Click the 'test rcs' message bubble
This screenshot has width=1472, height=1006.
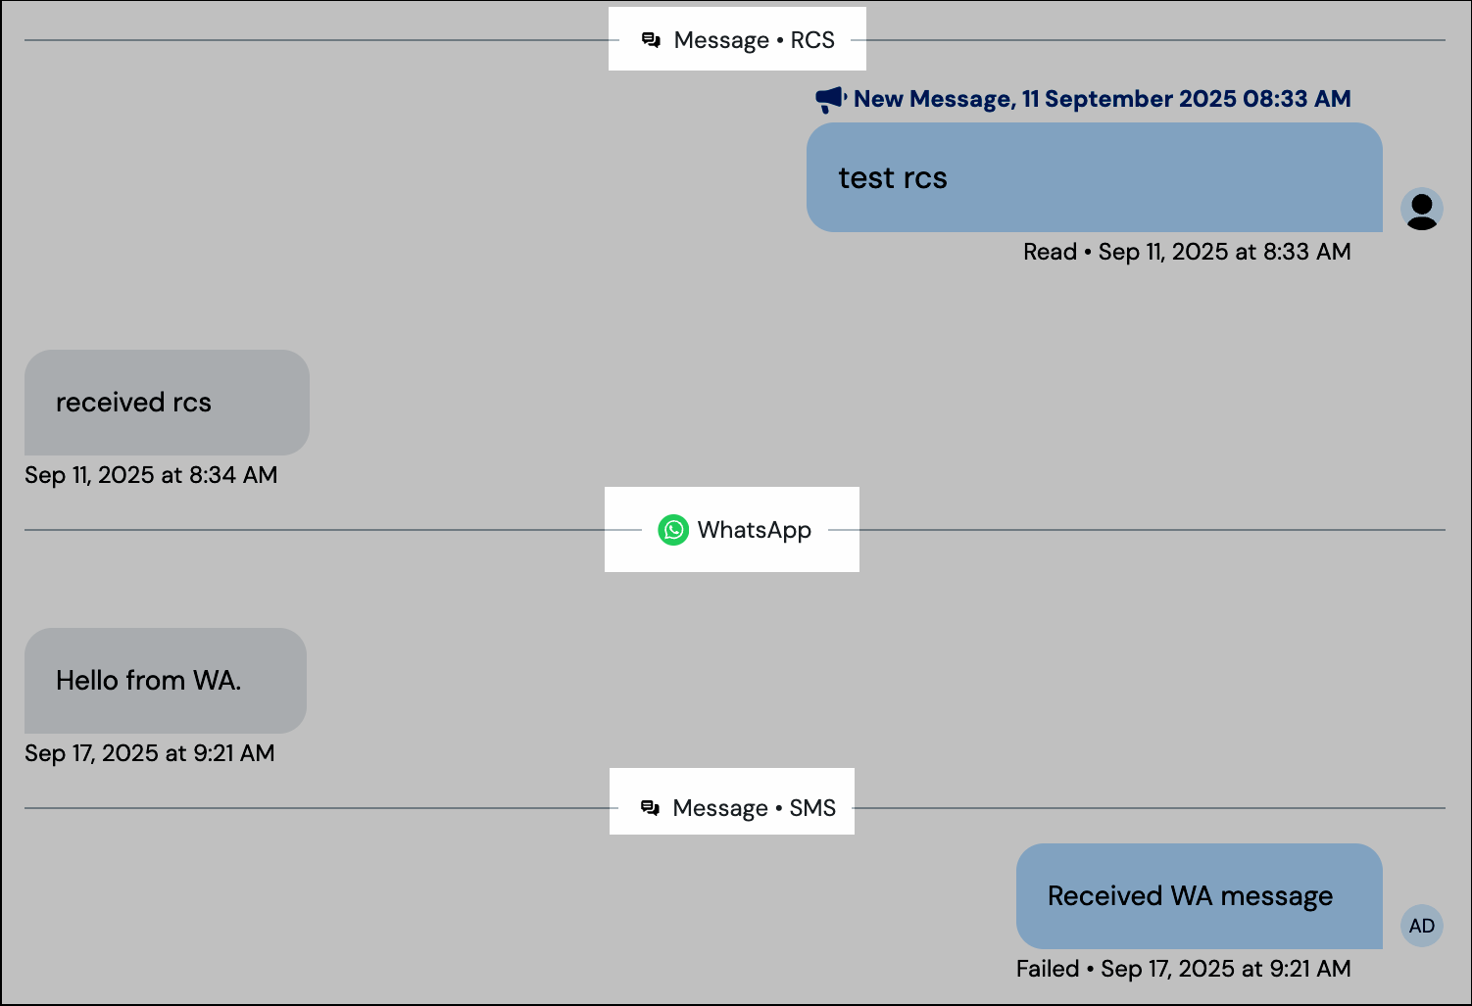coord(1094,177)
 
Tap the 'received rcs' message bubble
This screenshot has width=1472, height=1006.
coord(167,403)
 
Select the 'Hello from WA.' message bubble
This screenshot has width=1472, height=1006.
coord(165,681)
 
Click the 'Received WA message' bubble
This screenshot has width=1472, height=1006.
coord(1199,896)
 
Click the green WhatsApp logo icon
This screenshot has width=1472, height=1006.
coord(673,530)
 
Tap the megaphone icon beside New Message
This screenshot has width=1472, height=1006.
coord(830,99)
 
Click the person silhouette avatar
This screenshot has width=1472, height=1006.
coord(1421,209)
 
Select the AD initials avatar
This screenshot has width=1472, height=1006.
coord(1421,926)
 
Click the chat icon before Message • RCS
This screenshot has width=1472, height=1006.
coord(651,40)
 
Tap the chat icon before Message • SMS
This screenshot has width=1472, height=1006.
coord(650,808)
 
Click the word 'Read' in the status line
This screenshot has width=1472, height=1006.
coord(1050,252)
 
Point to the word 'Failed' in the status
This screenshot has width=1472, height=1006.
coord(1047,969)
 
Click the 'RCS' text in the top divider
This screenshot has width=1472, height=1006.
coord(812,40)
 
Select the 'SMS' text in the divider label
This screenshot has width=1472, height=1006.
coord(812,808)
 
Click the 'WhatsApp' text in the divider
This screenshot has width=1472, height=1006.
coord(754,530)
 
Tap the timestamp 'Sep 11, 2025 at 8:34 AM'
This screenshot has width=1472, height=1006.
coord(151,475)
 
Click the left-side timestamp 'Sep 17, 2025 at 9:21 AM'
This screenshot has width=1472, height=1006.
coord(150,753)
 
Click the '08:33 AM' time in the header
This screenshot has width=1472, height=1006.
coord(1297,99)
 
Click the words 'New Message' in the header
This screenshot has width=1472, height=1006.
coord(932,99)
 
